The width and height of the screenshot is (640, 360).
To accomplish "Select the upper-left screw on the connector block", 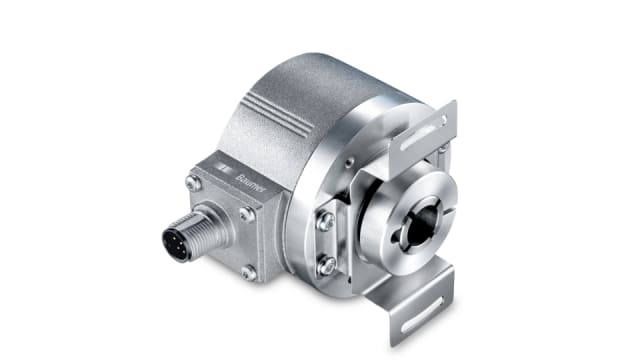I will (193, 182).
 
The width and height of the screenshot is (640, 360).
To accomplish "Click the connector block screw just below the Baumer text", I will (246, 213).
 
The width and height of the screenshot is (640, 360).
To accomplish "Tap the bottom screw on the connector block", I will (248, 271).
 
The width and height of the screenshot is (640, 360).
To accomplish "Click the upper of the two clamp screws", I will (324, 222).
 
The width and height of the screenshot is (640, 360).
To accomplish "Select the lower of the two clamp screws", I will (326, 265).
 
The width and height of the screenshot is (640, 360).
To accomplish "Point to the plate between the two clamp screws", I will (324, 244).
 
